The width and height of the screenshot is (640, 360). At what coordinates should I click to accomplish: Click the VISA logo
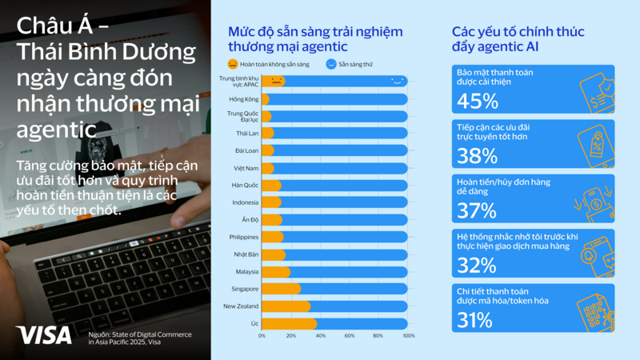43,335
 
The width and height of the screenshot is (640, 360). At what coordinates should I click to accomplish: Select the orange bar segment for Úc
289,323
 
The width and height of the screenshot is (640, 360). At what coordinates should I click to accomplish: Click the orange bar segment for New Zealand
286,306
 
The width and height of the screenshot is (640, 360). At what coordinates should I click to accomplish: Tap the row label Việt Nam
246,168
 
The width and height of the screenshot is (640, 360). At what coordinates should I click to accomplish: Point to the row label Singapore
244,288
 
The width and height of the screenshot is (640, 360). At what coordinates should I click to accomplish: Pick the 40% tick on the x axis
320,336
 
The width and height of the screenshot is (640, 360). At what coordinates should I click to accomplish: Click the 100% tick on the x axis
408,336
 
